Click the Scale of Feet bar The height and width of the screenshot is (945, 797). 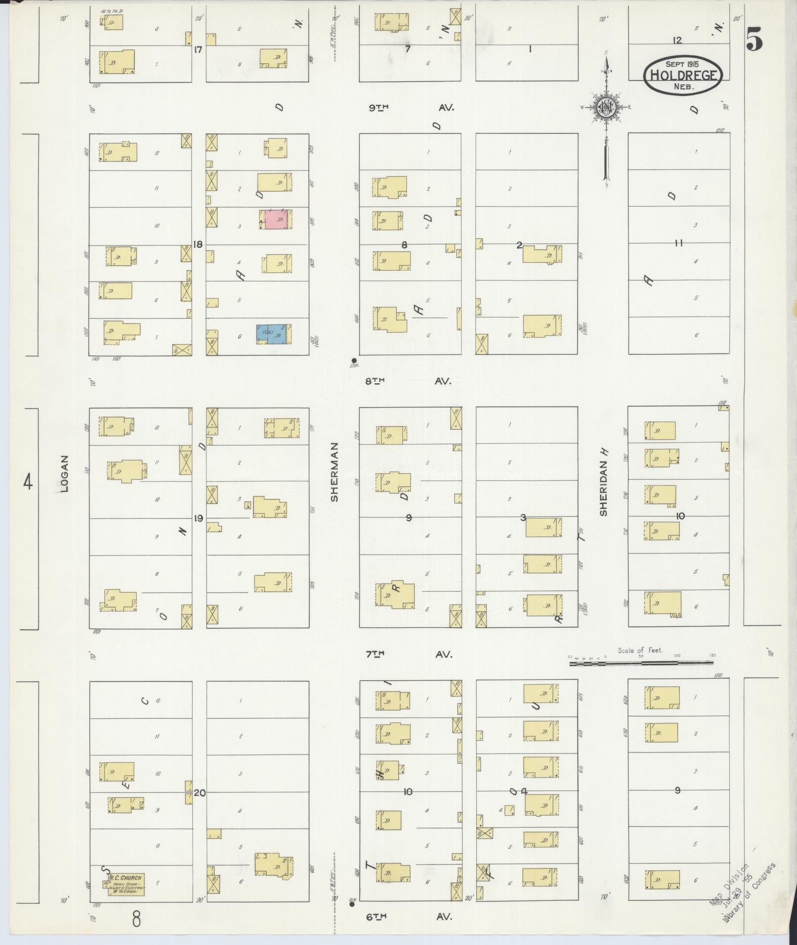pos(641,663)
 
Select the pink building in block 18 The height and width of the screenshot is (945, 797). pos(276,219)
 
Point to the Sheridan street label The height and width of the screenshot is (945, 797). pos(603,482)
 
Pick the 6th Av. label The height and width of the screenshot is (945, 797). pos(409,917)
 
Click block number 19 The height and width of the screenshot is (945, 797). pos(199,518)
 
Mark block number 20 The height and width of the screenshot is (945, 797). pos(200,793)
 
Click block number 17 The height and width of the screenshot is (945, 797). pos(199,49)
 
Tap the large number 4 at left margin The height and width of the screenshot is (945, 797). pos(28,481)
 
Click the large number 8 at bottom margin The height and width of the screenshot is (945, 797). pos(136,919)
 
